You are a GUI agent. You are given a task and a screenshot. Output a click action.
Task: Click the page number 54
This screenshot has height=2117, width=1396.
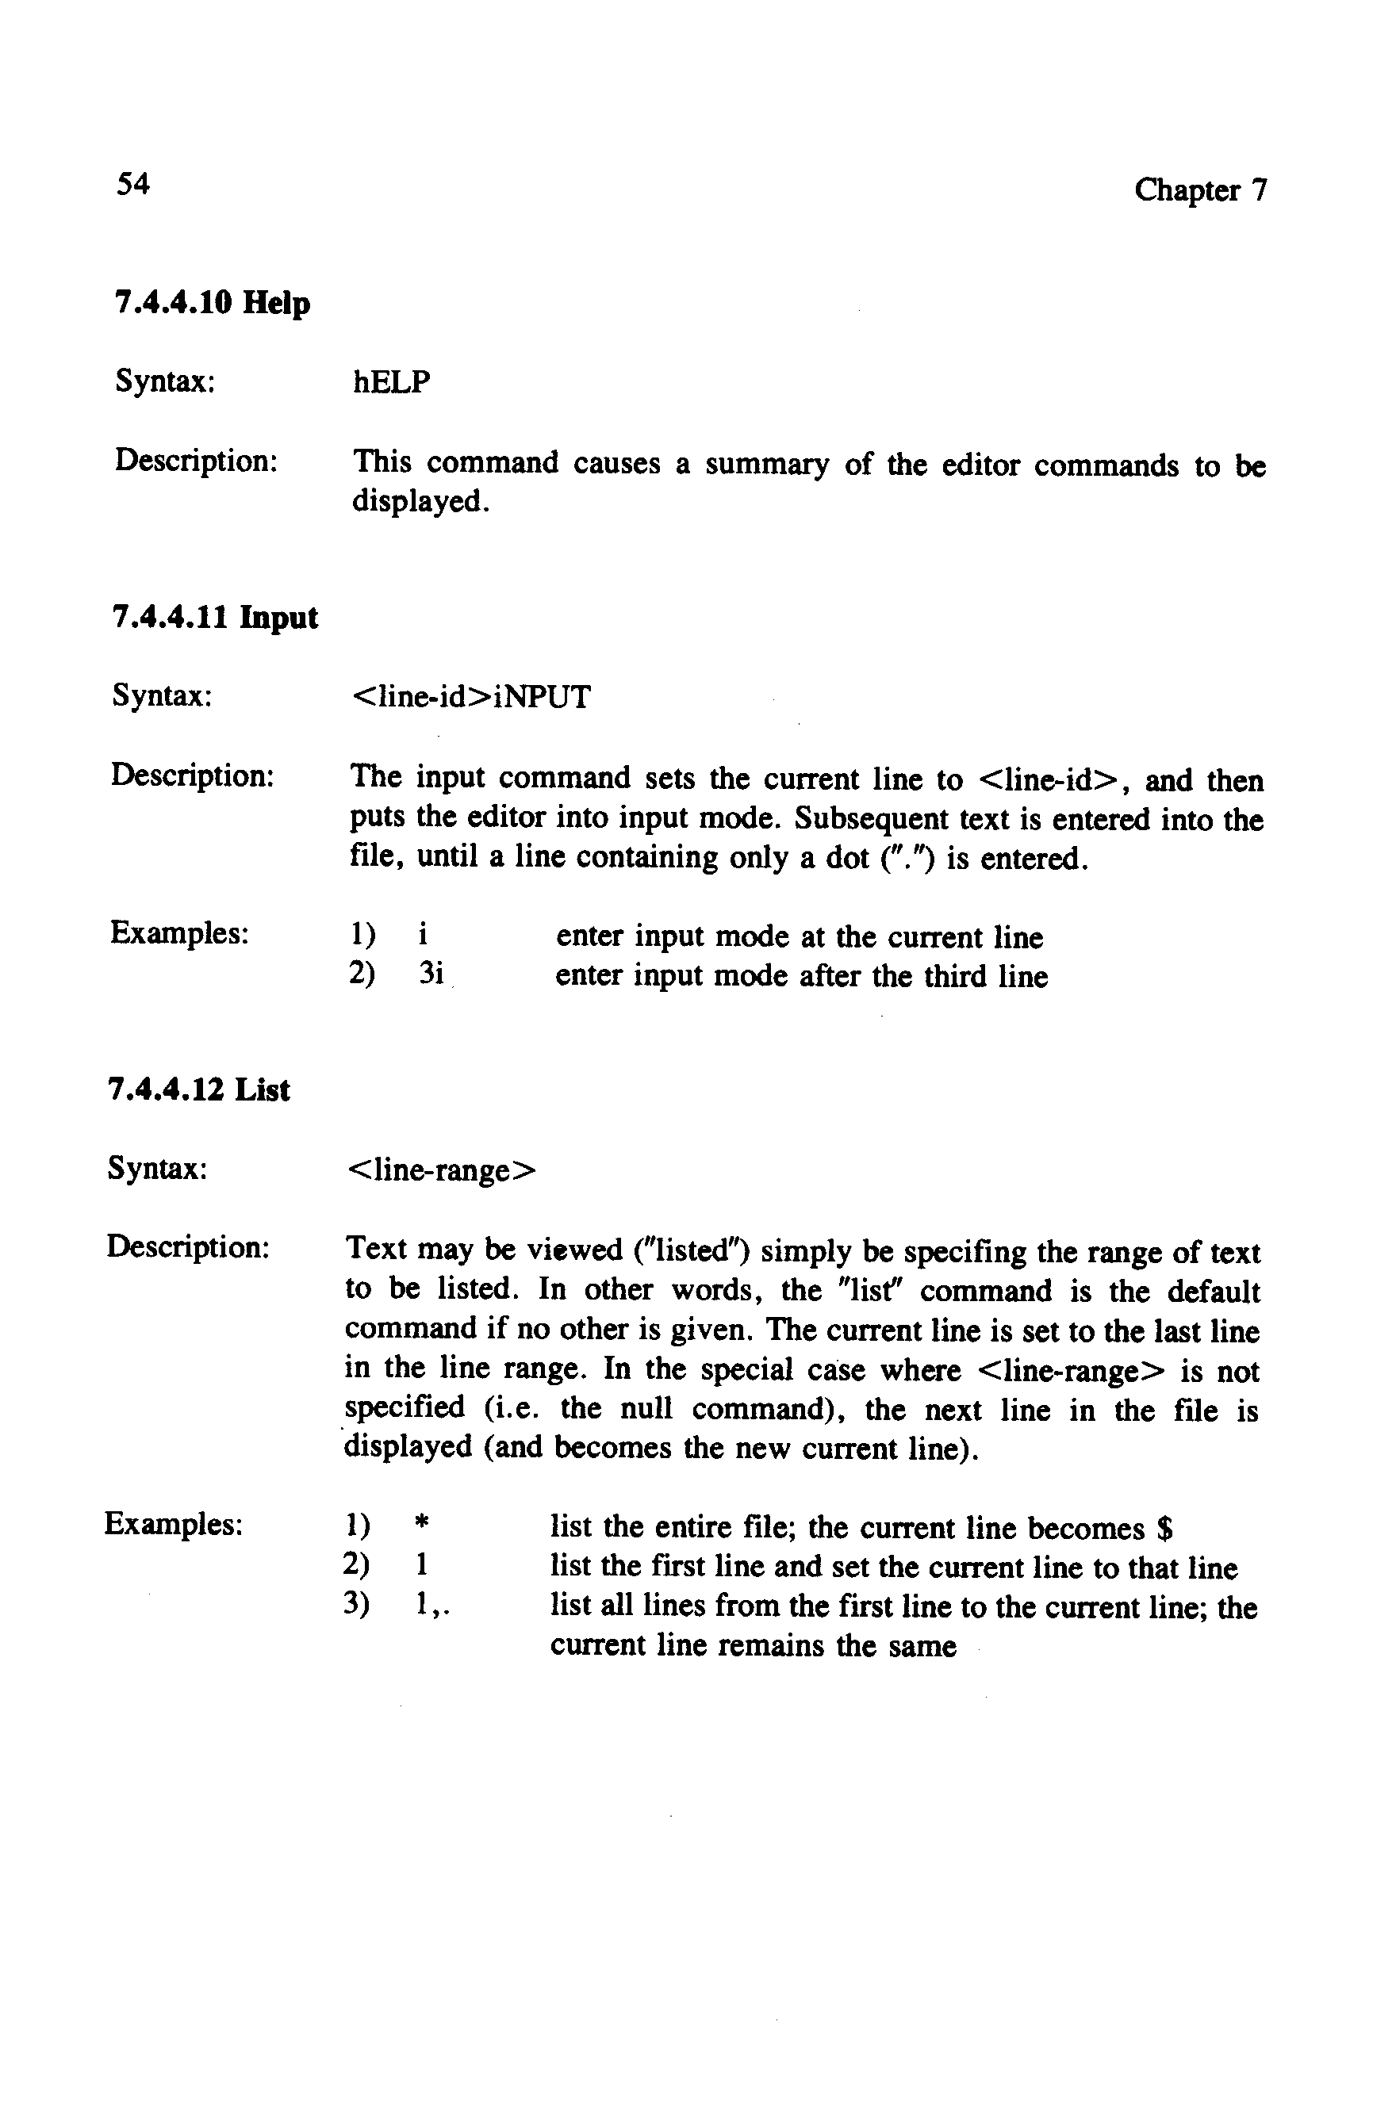(132, 184)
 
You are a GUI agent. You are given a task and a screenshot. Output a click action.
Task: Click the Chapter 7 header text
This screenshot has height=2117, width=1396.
(1199, 190)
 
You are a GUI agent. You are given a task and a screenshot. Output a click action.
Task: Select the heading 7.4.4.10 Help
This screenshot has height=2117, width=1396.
(213, 304)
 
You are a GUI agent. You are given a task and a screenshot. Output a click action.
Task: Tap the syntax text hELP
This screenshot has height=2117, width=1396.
(392, 383)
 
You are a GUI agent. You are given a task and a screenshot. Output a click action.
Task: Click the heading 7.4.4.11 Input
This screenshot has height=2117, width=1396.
(216, 618)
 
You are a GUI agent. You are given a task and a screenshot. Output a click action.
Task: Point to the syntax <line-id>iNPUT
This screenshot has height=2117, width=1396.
(471, 697)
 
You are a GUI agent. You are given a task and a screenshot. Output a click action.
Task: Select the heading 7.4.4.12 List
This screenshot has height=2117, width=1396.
(198, 1090)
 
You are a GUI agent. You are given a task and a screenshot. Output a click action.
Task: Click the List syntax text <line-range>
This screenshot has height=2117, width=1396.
(441, 1170)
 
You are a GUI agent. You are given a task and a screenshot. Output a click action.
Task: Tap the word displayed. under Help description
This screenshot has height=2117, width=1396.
(421, 503)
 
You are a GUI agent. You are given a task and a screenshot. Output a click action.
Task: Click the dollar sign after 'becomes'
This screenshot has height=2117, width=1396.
(1164, 1529)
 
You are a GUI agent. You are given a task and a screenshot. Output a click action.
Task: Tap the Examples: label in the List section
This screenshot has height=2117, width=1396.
(174, 1525)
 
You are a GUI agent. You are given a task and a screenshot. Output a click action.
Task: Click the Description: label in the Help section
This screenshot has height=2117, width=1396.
(196, 461)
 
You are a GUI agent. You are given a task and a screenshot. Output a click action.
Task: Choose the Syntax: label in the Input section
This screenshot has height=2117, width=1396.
(162, 695)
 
